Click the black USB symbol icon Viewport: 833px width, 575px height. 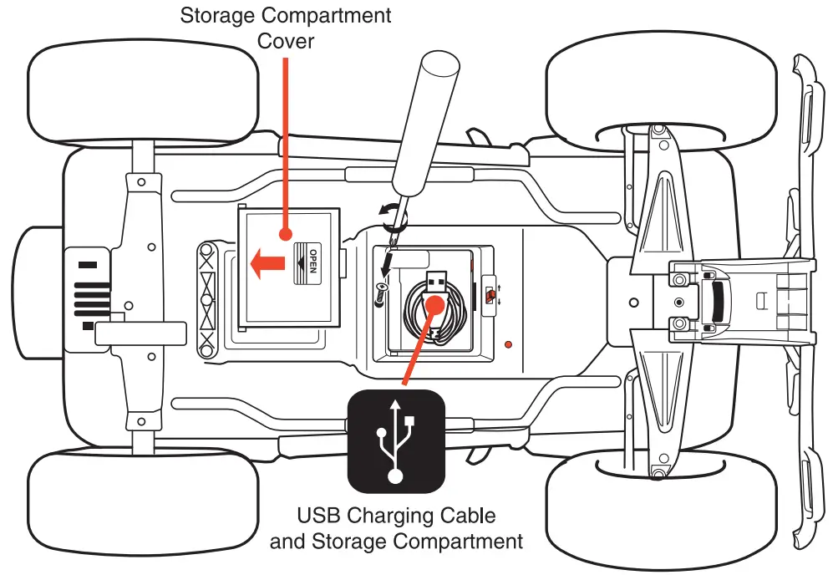tap(396, 440)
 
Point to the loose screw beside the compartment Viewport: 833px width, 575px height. tap(381, 292)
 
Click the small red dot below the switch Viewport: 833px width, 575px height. tap(509, 343)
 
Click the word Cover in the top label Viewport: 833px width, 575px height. tap(286, 40)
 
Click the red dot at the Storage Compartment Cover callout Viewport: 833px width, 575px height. tap(285, 237)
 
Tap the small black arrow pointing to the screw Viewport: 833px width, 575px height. tap(386, 266)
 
